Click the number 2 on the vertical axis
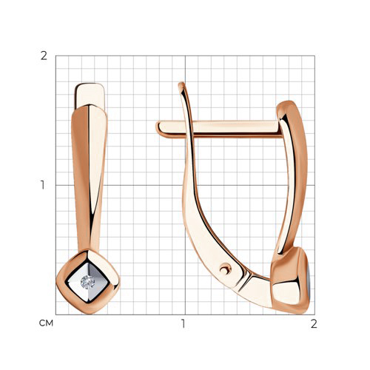click(44, 56)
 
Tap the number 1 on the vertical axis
click(43, 185)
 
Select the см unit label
click(46, 323)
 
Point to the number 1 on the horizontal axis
click(183, 323)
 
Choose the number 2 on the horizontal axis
click(314, 323)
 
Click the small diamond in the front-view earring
click(87, 282)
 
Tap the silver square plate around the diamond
click(87, 282)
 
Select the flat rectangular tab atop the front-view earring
click(90, 95)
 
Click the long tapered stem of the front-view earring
click(90, 178)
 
